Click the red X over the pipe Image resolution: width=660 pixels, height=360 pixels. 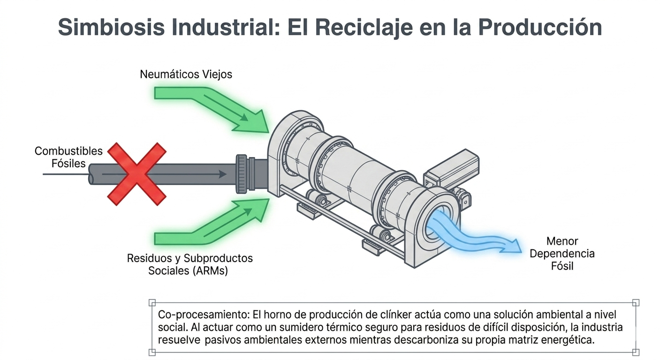pyautogui.click(x=137, y=174)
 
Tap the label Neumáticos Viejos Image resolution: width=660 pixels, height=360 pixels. pyautogui.click(x=186, y=75)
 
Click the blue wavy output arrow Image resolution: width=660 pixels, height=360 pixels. pyautogui.click(x=474, y=232)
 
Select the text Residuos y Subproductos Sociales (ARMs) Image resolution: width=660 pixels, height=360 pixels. pyautogui.click(x=190, y=264)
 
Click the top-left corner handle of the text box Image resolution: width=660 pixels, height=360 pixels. pyautogui.click(x=152, y=302)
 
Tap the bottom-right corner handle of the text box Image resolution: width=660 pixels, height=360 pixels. pyautogui.click(x=636, y=352)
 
